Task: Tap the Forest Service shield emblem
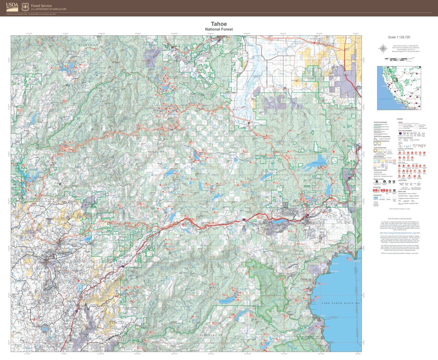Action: pos(25,7)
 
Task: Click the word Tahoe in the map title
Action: pos(219,24)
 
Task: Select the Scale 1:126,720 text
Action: pos(399,37)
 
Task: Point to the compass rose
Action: pos(383,49)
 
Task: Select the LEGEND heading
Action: pos(399,119)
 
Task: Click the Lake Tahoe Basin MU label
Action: pos(340,303)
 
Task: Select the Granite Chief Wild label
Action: pos(271,296)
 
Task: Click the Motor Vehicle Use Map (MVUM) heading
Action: pos(400,219)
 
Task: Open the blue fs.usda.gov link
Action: pos(400,233)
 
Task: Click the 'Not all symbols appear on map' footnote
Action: pos(400,209)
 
